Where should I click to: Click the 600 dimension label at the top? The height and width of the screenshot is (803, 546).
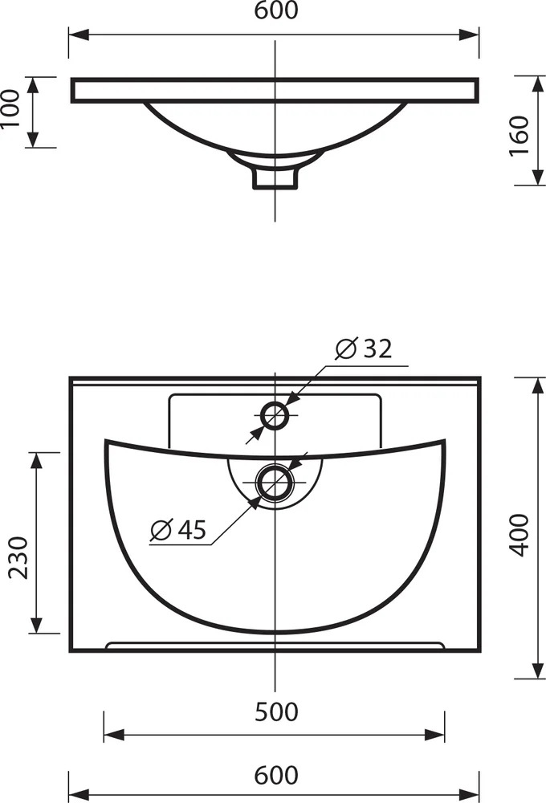point(276,10)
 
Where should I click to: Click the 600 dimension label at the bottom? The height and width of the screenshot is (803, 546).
point(276,775)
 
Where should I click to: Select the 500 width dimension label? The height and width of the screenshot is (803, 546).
point(276,711)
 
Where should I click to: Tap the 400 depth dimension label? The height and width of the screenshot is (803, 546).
point(520,535)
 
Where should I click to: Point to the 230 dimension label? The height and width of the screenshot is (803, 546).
point(19,557)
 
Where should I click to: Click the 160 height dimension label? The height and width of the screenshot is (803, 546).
point(520,137)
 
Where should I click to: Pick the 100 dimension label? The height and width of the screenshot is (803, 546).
point(10,109)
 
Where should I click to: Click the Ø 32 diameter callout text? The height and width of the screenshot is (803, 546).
point(364,349)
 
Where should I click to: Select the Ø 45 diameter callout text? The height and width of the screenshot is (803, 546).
point(178,529)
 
